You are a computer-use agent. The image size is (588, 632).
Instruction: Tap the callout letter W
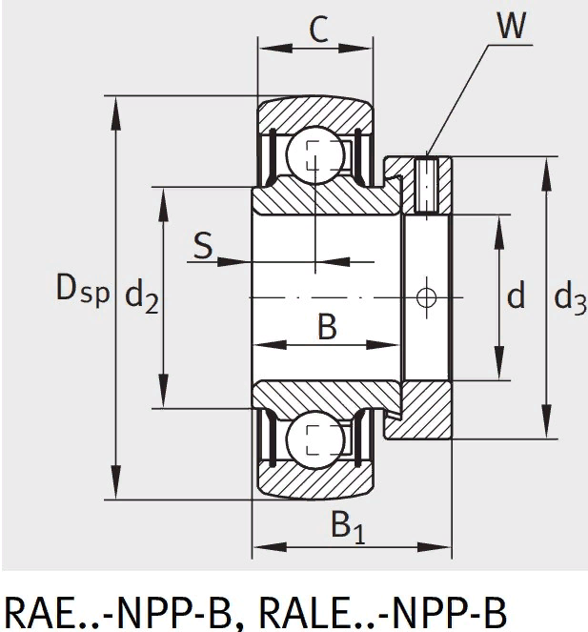click(511, 26)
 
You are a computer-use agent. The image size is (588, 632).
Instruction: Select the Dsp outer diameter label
click(81, 288)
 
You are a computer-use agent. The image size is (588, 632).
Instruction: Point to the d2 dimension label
click(142, 297)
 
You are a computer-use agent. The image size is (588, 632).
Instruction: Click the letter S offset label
click(203, 246)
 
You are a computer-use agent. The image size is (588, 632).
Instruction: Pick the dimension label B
click(327, 327)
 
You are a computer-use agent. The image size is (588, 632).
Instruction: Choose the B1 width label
click(347, 525)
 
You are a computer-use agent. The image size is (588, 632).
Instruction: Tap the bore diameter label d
click(516, 297)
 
